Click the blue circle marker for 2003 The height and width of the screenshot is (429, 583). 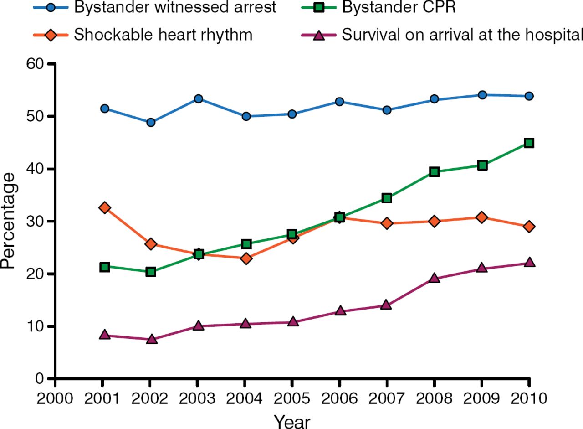point(198,99)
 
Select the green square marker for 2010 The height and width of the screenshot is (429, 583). point(529,143)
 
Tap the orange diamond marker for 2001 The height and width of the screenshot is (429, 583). point(105,208)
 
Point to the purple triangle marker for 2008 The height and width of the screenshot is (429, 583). point(434,278)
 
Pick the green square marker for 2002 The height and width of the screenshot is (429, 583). point(151,272)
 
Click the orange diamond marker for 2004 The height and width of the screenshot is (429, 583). point(246,258)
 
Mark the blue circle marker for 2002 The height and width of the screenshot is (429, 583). point(151,122)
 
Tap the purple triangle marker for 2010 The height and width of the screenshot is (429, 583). point(529,263)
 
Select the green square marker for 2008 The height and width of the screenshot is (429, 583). point(434,172)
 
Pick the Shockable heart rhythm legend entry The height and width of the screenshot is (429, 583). point(163,35)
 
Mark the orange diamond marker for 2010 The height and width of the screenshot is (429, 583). point(529,227)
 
